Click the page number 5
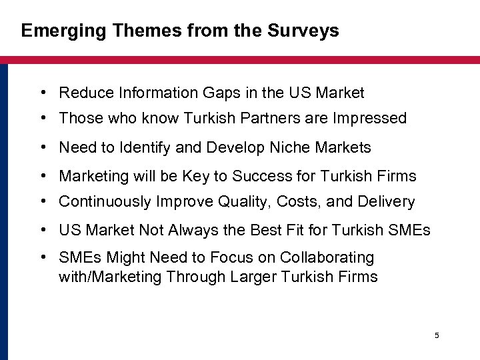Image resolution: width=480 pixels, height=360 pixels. tap(437, 335)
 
